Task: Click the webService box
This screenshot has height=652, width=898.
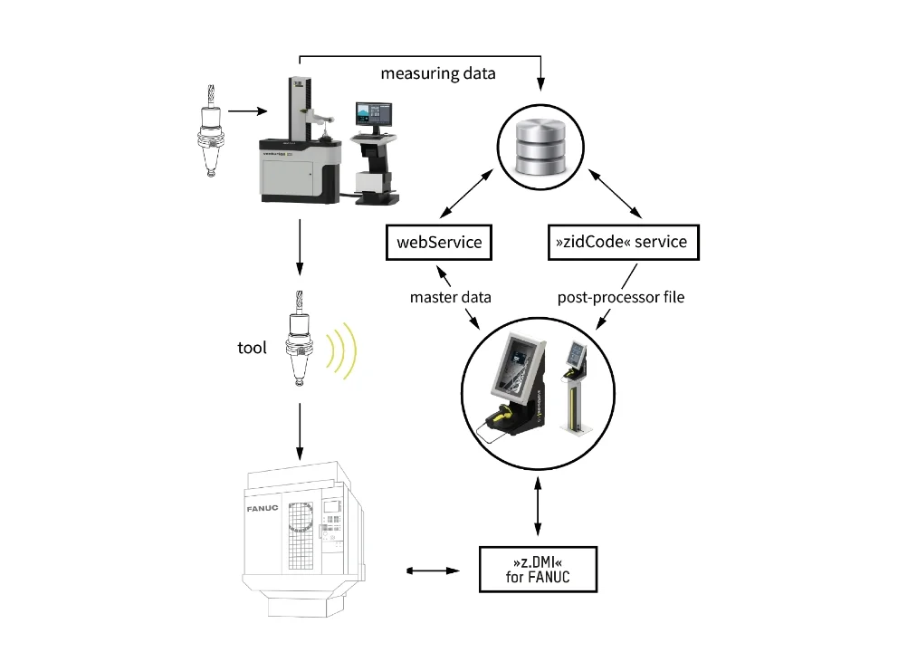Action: click(439, 242)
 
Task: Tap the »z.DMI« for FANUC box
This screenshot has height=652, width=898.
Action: click(539, 569)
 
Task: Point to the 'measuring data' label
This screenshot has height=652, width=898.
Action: click(437, 73)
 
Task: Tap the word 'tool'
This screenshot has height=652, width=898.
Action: click(251, 347)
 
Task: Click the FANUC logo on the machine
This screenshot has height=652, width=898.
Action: click(262, 509)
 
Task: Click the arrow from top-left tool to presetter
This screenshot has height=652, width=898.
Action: click(247, 112)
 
